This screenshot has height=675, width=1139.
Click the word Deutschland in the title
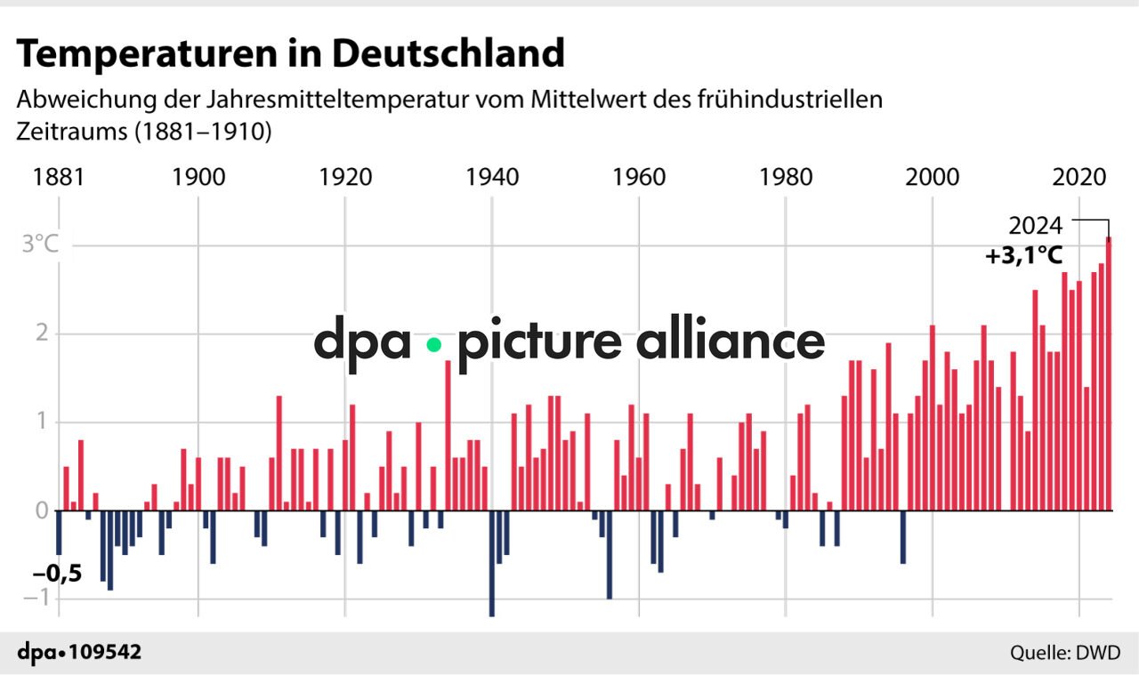[448, 54]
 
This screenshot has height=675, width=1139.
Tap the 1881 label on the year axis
[59, 177]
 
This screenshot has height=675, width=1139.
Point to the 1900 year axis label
[198, 177]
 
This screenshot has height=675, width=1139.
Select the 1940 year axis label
[492, 177]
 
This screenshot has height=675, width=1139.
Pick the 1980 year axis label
[786, 177]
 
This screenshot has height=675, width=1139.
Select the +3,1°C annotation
[1023, 256]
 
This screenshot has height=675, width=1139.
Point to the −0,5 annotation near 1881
[57, 574]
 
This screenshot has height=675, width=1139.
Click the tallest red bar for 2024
[1109, 374]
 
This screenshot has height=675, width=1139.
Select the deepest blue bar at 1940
[492, 563]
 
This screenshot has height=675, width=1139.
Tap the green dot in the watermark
[433, 344]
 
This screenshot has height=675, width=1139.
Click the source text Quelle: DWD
[1064, 654]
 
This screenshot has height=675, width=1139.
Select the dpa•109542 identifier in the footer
[79, 653]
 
